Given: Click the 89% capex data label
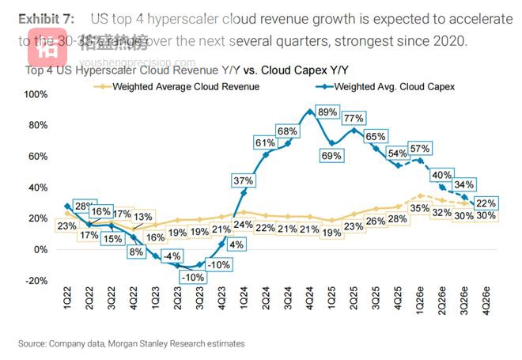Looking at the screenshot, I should pos(327,113).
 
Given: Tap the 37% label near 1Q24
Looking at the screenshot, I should pos(243,181).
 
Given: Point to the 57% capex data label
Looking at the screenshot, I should pos(420,148).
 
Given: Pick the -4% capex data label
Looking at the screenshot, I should pos(172,256).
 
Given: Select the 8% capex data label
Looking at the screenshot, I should pos(136,252).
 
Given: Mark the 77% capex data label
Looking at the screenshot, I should pos(353,119).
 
